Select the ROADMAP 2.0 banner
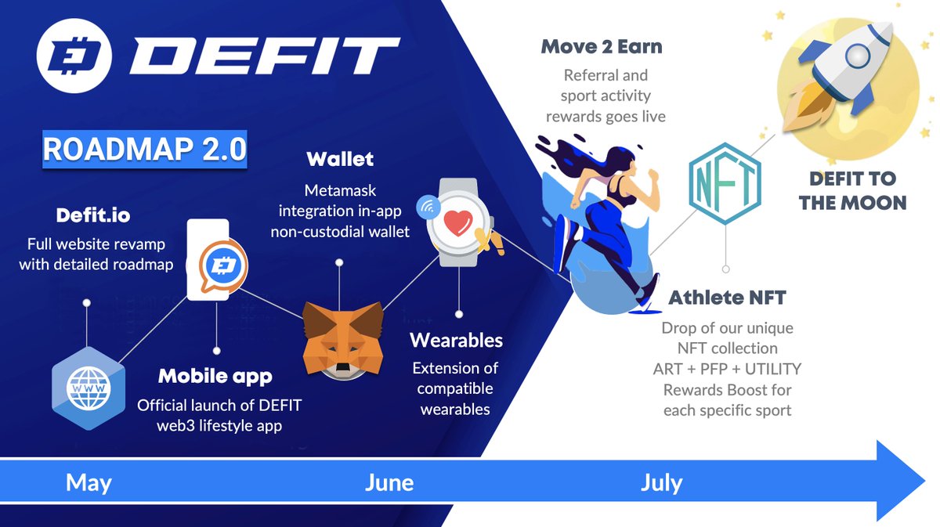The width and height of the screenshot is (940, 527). point(145,149)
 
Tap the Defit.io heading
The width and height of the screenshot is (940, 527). point(92,215)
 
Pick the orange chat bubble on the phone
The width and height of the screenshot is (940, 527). point(222,268)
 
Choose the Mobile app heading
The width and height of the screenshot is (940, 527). point(215,376)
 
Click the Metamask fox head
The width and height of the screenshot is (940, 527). point(343,338)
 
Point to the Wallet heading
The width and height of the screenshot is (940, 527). point(340,159)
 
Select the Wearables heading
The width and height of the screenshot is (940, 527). point(457,341)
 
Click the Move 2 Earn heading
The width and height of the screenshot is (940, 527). point(602,46)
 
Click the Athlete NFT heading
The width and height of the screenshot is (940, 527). point(727,298)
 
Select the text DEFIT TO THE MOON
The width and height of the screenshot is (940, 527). point(852,190)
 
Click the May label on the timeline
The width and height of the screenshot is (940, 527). point(89,482)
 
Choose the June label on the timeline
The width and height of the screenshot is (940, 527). point(389,482)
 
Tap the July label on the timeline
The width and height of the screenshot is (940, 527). point(661,482)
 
